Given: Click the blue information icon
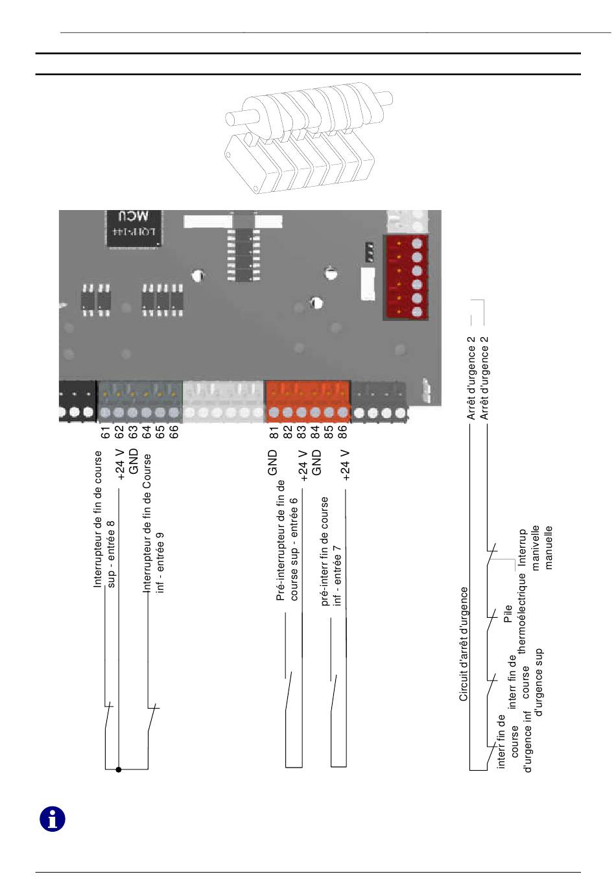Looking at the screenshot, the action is (x=53, y=819).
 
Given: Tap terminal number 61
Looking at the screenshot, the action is (x=106, y=432).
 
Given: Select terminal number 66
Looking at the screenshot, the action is (x=174, y=432).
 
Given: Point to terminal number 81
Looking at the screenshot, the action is (x=274, y=432).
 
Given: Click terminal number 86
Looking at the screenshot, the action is (x=342, y=432).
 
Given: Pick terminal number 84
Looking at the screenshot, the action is (x=315, y=432).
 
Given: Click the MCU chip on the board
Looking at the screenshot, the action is (x=134, y=228).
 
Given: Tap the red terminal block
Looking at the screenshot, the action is (x=406, y=277).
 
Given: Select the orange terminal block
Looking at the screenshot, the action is (x=308, y=401).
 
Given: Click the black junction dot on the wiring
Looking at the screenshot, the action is (x=119, y=770).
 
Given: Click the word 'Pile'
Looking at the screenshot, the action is (x=508, y=613).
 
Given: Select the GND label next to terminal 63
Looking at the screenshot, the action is (x=134, y=462).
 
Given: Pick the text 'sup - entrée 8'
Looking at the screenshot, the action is (x=111, y=554).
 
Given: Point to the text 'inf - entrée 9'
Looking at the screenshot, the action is (x=160, y=562).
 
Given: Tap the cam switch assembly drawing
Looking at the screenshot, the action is (x=308, y=138).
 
